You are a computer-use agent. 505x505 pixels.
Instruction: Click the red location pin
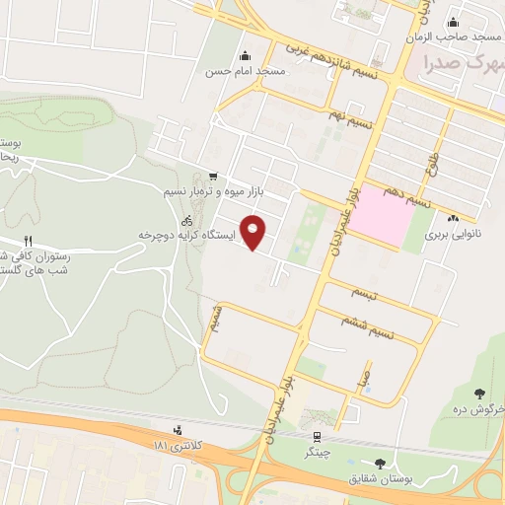(x=254, y=232)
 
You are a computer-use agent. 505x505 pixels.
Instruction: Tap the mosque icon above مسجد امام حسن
(x=245, y=55)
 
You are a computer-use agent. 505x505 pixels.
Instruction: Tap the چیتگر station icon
(x=316, y=437)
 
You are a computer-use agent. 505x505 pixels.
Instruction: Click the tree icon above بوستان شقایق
(x=380, y=463)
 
